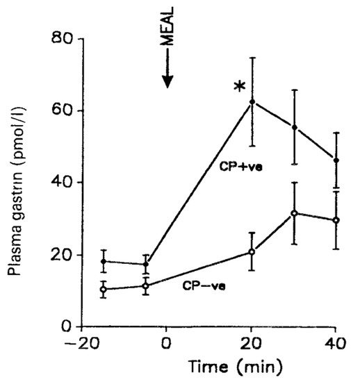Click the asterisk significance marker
tap(239, 87)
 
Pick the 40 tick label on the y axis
tap(63, 182)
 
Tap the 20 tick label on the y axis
tap(63, 254)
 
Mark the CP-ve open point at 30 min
tap(295, 213)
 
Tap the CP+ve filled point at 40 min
tap(337, 160)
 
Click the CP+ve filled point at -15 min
tap(104, 261)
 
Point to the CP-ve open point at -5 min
tap(146, 285)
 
